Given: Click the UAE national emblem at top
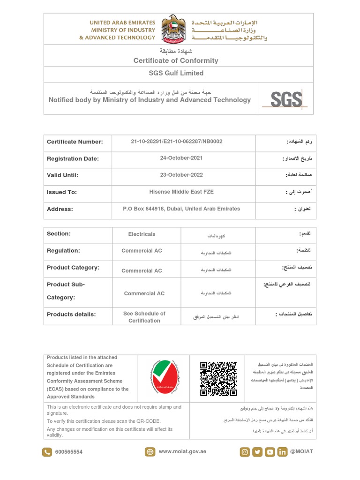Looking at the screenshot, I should tap(173, 28).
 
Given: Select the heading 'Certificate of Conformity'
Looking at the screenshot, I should tap(176, 60).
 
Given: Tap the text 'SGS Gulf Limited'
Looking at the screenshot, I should tap(176, 73).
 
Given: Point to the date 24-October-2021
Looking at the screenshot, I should tap(183, 158).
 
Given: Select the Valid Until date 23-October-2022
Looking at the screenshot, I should tap(183, 175).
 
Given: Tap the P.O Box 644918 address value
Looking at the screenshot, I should tap(181, 209).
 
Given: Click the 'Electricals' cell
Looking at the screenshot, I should tap(142, 234).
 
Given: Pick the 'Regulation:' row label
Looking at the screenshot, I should tap(63, 251).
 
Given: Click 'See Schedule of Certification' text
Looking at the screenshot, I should tap(144, 317).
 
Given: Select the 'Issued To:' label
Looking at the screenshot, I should tap(62, 192).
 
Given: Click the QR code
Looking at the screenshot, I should tap(218, 379).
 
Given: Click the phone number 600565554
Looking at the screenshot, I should tap(68, 452).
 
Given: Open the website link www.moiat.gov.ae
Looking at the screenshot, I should tap(182, 451).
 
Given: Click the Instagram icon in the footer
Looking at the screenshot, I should tap(245, 452).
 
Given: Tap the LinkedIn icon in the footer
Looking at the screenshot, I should tap(282, 452).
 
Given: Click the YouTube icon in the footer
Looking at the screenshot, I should tap(270, 452).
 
